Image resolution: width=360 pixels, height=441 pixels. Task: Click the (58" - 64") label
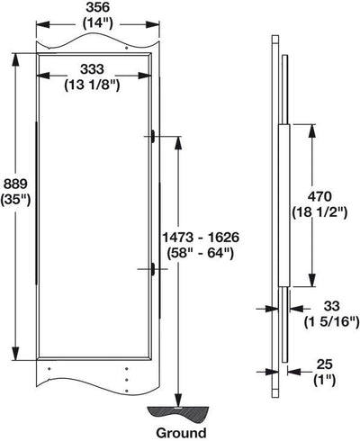tap(208, 253)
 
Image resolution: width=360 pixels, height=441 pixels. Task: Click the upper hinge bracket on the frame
tap(155, 137)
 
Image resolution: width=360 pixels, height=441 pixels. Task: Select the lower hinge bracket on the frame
tap(155, 268)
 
